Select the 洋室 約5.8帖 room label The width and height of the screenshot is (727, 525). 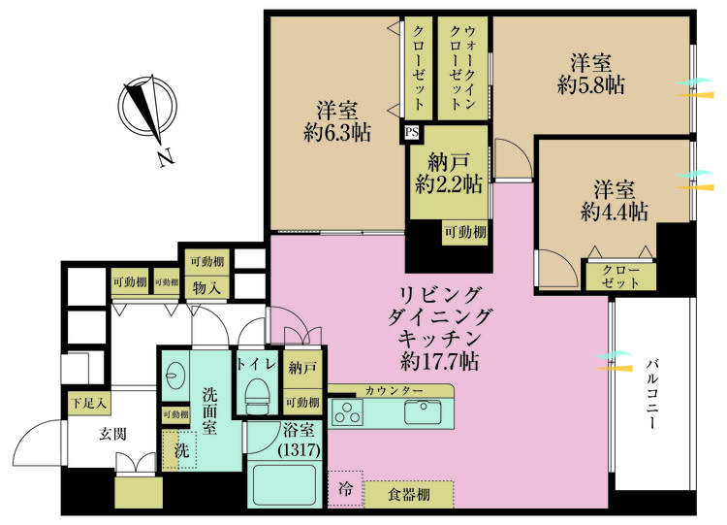(x=590, y=74)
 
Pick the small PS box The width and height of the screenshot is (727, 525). (x=411, y=133)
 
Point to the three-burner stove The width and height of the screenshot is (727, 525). (x=347, y=413)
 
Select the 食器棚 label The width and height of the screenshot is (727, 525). (x=407, y=496)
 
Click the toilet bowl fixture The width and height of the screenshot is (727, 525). (x=257, y=397)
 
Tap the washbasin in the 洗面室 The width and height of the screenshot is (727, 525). (x=175, y=376)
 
